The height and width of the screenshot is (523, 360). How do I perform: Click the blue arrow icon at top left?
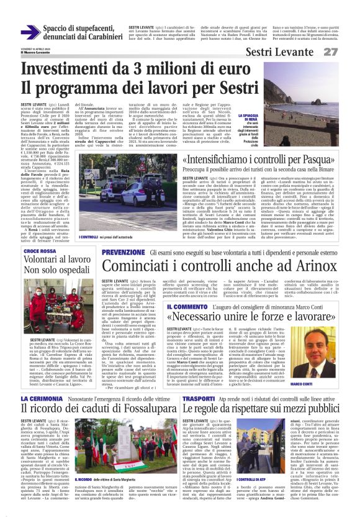pyautogui.click(x=30, y=32)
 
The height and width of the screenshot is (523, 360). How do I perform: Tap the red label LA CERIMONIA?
pyautogui.click(x=42, y=380)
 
